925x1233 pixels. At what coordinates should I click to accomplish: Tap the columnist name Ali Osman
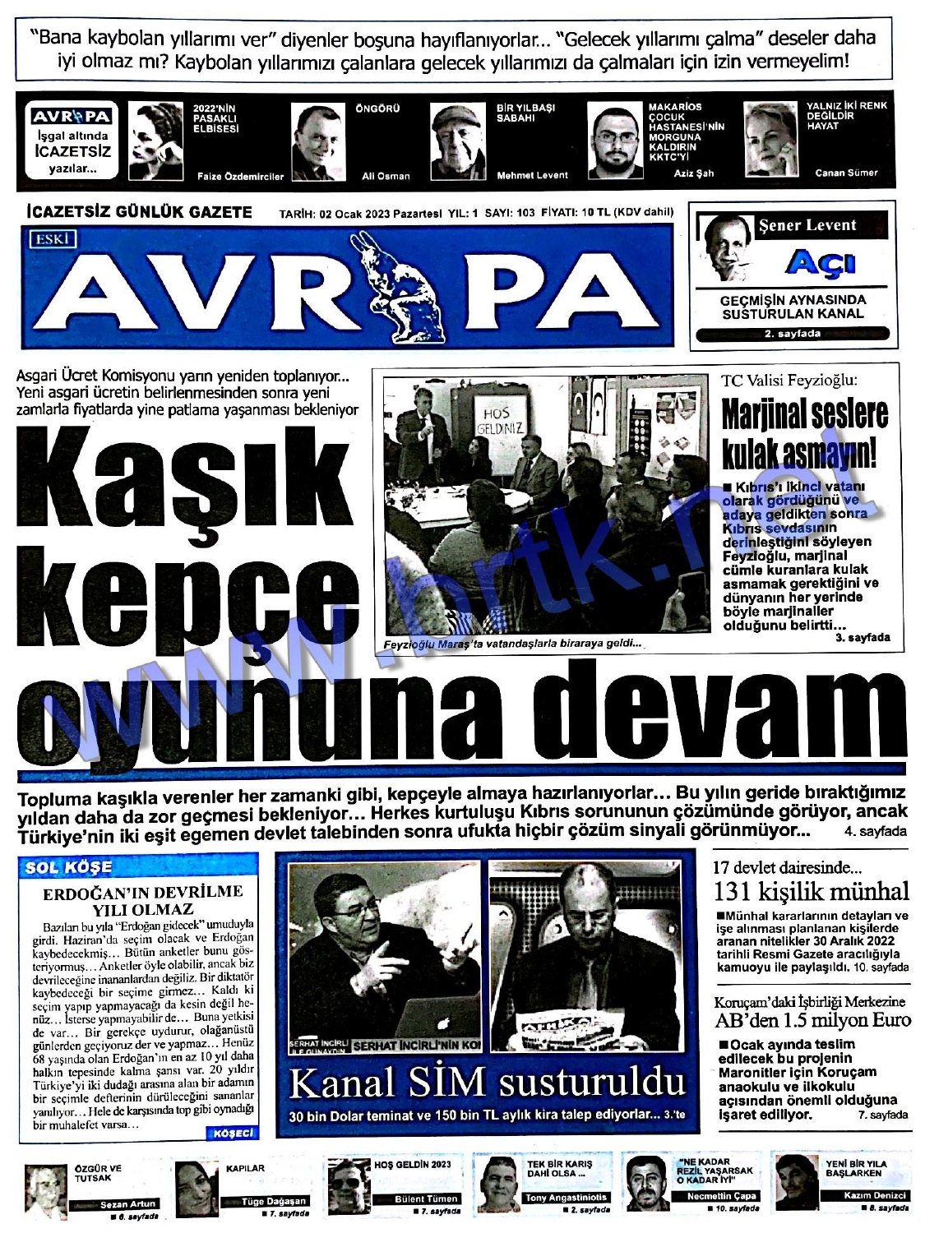coord(386,176)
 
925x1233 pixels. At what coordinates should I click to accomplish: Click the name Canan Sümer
coord(846,173)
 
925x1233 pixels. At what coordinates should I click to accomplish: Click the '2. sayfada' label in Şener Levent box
coord(793,334)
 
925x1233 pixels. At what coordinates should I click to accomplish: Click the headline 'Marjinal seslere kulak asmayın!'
coord(804,433)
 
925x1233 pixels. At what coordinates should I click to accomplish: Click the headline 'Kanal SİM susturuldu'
coord(487,1083)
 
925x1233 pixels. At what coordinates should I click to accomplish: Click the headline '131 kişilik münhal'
coord(811,891)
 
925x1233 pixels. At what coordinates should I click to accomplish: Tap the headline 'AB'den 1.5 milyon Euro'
coord(812,1020)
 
